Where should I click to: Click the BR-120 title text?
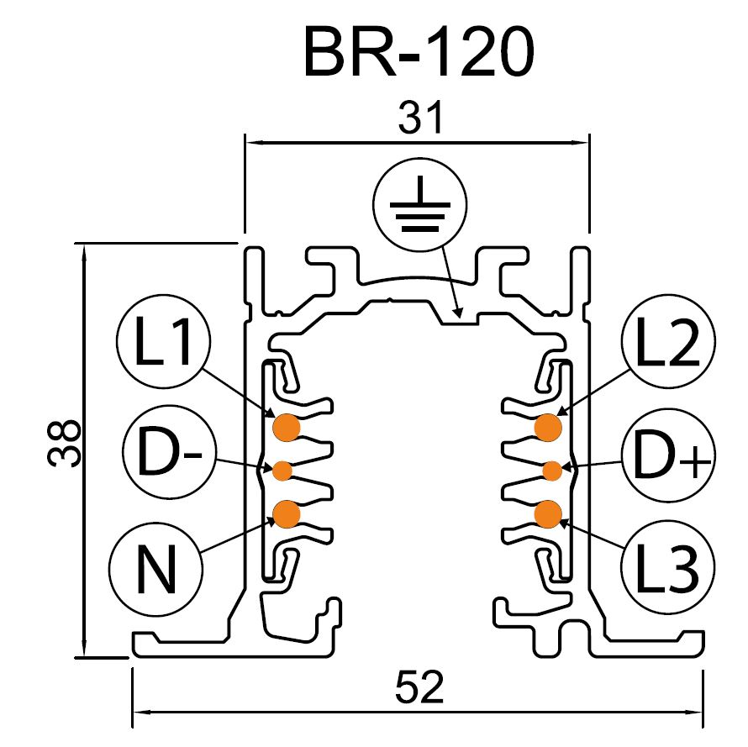coord(418,51)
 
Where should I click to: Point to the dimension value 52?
coord(418,689)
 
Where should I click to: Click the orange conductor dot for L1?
coord(287,427)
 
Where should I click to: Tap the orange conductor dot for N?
coord(287,513)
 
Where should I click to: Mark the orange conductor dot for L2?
coord(548,427)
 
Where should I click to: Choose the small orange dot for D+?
coord(551,470)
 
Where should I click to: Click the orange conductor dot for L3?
coord(548,513)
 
